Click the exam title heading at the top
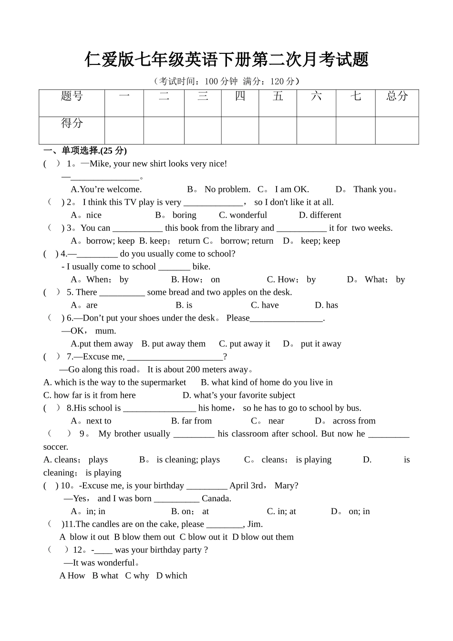[x=226, y=60]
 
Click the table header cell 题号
[x=72, y=96]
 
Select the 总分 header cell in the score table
[x=397, y=96]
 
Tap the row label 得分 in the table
[x=72, y=124]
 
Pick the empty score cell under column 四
[x=240, y=130]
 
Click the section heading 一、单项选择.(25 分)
[x=85, y=151]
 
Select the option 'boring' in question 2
[x=184, y=215]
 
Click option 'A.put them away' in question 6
[x=102, y=344]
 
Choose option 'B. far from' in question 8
[x=191, y=421]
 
